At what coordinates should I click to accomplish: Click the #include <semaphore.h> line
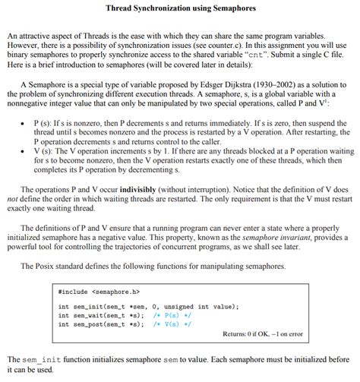click(99, 292)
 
